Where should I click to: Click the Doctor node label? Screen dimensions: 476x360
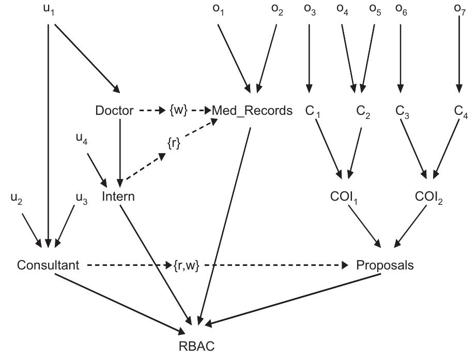tap(114, 110)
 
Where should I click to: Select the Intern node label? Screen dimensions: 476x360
tap(118, 196)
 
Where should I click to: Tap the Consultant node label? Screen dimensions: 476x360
tap(48, 265)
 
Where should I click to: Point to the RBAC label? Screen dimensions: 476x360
tap(196, 346)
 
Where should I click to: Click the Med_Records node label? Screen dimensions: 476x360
tap(252, 110)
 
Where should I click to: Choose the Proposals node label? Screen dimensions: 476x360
tap(385, 265)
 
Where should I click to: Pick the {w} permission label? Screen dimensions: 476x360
tap(178, 110)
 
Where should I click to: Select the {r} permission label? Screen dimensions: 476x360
tap(174, 143)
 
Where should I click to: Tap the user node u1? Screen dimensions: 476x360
tap(49, 9)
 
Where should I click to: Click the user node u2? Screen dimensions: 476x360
tap(17, 199)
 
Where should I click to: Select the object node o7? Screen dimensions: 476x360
tap(459, 9)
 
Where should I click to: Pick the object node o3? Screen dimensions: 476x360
tap(310, 9)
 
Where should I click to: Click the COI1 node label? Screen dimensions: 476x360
tap(344, 197)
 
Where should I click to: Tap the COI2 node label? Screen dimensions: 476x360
tap(428, 197)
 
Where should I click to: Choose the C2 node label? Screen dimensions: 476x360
tap(363, 111)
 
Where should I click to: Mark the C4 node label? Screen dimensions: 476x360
tap(461, 111)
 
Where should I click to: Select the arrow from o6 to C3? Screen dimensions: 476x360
tap(401, 58)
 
